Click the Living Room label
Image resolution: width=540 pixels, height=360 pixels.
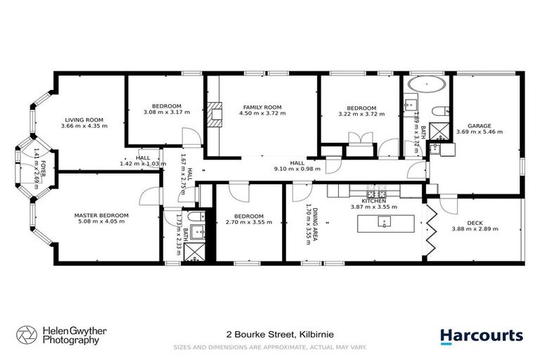tap(84, 120)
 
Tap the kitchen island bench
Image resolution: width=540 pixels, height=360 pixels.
tap(384, 223)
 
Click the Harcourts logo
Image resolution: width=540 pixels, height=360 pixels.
tap(482, 335)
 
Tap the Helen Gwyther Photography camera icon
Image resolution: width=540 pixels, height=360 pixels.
tap(26, 335)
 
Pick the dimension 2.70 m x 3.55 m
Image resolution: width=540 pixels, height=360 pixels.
tap(249, 222)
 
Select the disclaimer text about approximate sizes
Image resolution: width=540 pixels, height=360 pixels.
tap(270, 347)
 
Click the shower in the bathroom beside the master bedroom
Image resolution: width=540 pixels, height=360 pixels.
tap(191, 255)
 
